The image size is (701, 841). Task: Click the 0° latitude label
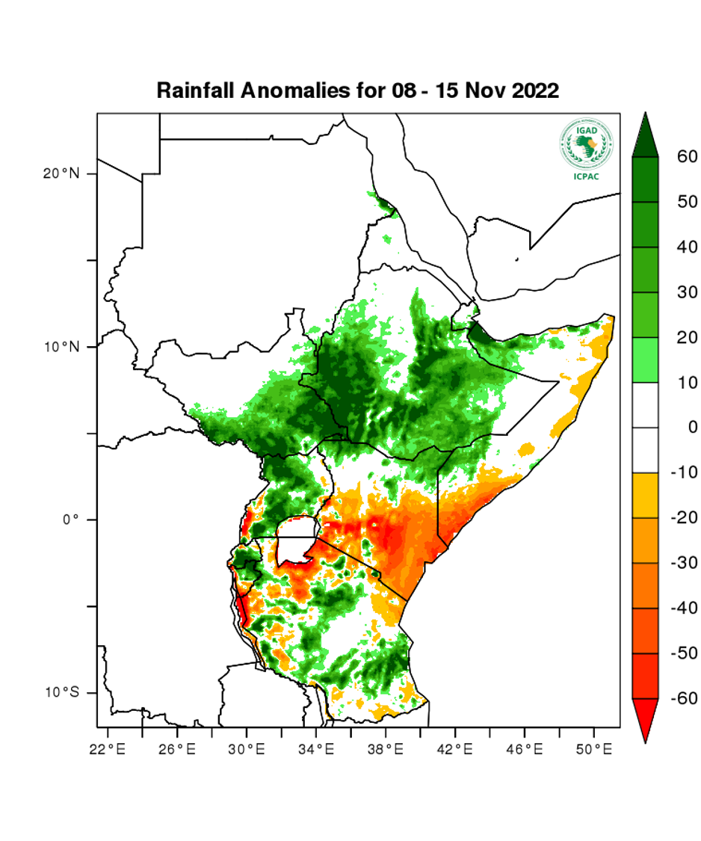70,520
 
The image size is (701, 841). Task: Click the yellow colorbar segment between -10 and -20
645,495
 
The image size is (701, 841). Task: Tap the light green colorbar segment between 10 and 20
645,360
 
